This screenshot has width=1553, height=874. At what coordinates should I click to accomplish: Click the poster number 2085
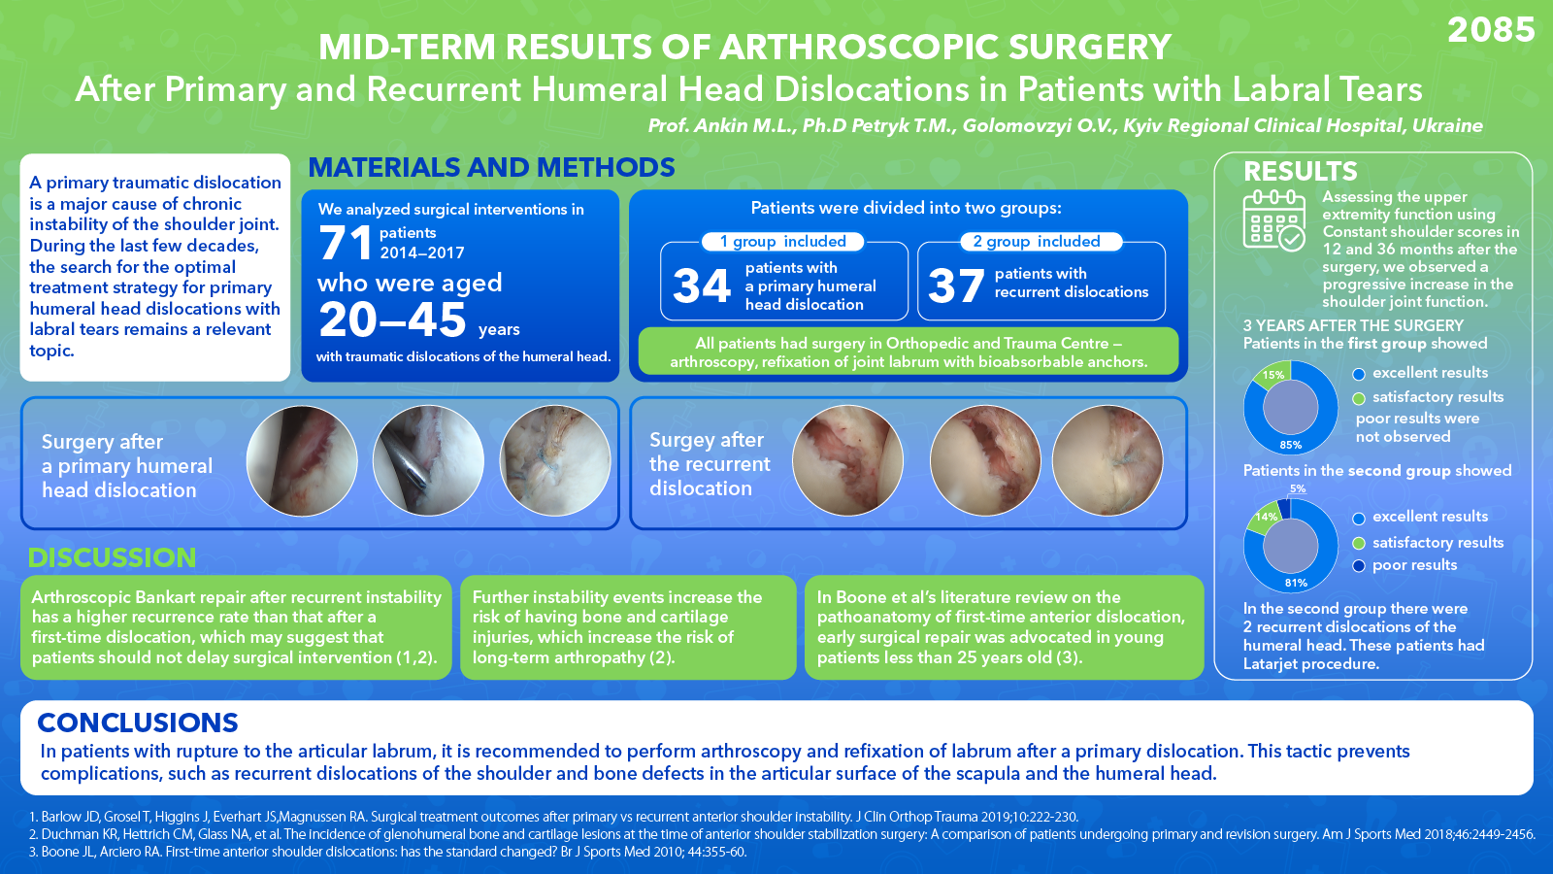coord(1491,30)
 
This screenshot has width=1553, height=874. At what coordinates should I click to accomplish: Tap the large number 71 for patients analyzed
coord(346,243)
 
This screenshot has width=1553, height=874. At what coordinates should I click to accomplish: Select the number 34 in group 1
coord(702,286)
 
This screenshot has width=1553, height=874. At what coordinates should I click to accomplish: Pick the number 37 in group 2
coord(956,286)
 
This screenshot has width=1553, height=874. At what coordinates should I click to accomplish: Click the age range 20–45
coord(392,319)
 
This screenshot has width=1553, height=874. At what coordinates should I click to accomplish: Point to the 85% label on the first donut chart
coord(1290,445)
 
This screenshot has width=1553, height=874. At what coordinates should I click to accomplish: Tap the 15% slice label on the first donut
coord(1272,375)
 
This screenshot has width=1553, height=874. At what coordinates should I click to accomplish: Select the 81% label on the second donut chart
coord(1296,583)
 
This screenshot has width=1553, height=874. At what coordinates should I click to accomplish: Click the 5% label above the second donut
coord(1298,488)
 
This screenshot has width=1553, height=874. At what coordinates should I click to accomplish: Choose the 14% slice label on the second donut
coord(1266,516)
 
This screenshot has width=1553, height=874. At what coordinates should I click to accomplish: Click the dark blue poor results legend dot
coord(1359,566)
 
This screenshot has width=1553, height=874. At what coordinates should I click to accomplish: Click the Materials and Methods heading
coord(491,167)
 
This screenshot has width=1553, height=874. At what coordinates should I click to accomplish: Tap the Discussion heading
coord(112,557)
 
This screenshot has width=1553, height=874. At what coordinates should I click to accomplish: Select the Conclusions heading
coord(137,723)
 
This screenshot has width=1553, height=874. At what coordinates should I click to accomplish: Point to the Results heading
coord(1300,171)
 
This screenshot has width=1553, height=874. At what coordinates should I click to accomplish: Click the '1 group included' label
coord(782,242)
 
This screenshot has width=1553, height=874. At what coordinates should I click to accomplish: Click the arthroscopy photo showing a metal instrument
coord(428,460)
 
